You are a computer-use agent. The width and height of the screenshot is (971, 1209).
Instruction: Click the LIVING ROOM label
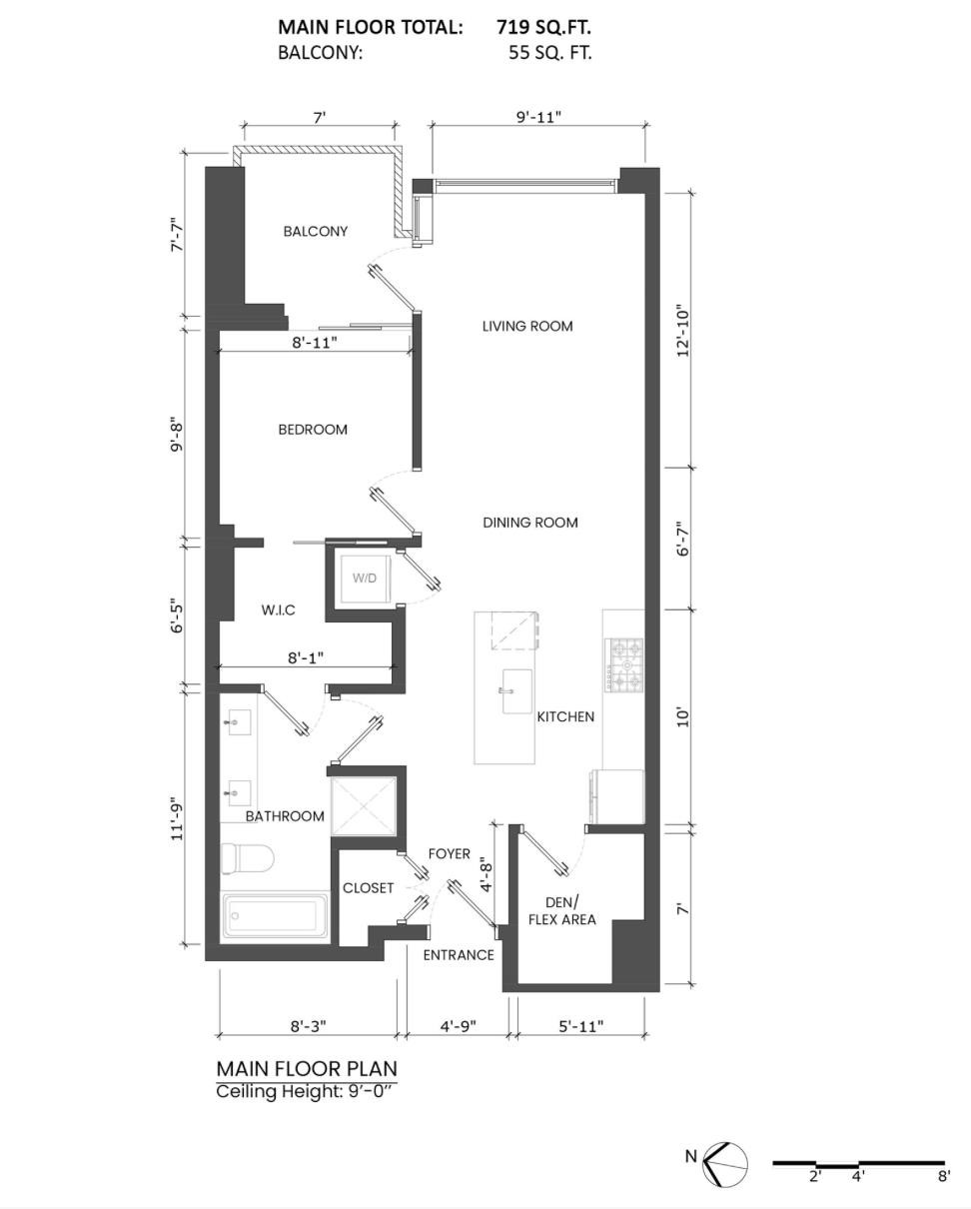point(526,326)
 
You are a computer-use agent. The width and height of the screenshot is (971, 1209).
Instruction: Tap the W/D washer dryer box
point(364,579)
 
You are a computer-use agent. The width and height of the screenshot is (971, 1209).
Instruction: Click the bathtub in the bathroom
point(275,915)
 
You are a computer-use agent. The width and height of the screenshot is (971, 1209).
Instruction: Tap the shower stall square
point(365,805)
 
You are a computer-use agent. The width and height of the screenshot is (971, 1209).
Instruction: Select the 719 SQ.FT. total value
point(543,27)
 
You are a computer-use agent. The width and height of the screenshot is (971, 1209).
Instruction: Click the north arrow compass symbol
point(725,1163)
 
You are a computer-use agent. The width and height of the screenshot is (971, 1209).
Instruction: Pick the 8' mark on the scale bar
point(943,1176)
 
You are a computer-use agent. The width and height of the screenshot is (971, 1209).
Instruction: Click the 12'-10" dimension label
point(684,331)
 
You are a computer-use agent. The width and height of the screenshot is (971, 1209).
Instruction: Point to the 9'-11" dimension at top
point(538,117)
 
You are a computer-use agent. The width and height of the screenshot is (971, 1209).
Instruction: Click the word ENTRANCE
point(458,955)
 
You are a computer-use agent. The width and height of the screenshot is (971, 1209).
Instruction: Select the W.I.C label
point(278,609)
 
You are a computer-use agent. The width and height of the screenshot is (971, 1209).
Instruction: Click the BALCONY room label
point(316,231)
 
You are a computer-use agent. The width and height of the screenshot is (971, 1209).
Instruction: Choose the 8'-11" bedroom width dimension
point(314,342)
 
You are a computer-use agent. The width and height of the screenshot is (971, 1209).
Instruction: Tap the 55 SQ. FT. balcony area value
point(549,53)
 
